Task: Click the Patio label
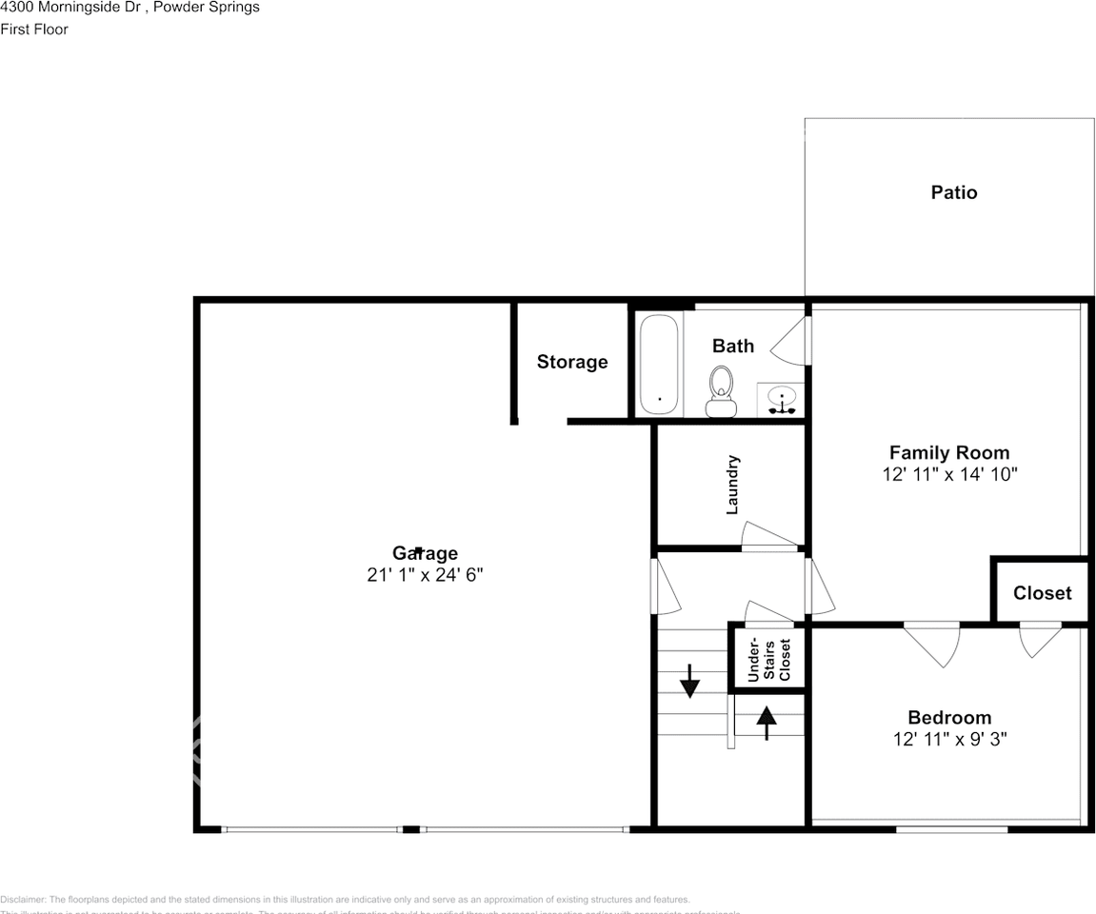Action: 953,192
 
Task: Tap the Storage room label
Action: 571,362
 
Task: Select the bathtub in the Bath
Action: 658,364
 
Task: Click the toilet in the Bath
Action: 721,391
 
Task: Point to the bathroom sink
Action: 782,400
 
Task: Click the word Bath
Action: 733,346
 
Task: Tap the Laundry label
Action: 732,485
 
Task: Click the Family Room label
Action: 948,453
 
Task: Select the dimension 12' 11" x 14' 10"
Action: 949,474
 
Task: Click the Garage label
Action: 425,553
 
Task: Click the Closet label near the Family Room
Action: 1042,593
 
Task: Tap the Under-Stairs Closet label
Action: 768,658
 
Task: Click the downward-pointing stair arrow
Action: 689,682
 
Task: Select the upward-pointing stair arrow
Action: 767,721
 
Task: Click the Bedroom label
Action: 948,718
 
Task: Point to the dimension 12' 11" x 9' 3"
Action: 949,739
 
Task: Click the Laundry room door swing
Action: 767,536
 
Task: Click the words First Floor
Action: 34,30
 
